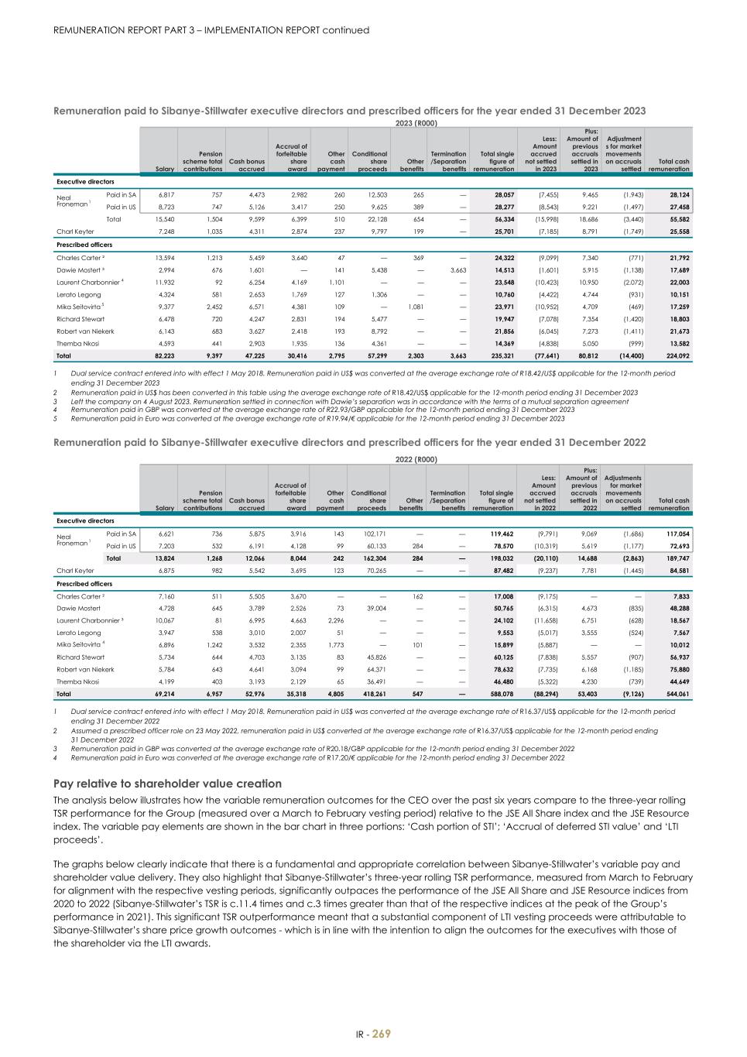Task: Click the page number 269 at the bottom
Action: pos(382,1034)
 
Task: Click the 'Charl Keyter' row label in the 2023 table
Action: pos(75,232)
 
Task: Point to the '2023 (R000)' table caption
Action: pos(416,123)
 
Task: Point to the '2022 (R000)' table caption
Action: pos(416,459)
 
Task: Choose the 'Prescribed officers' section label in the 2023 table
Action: pos(84,245)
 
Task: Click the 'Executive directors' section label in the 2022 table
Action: pos(85,521)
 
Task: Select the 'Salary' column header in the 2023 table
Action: pos(164,169)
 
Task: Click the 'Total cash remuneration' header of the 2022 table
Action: pos(669,504)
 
